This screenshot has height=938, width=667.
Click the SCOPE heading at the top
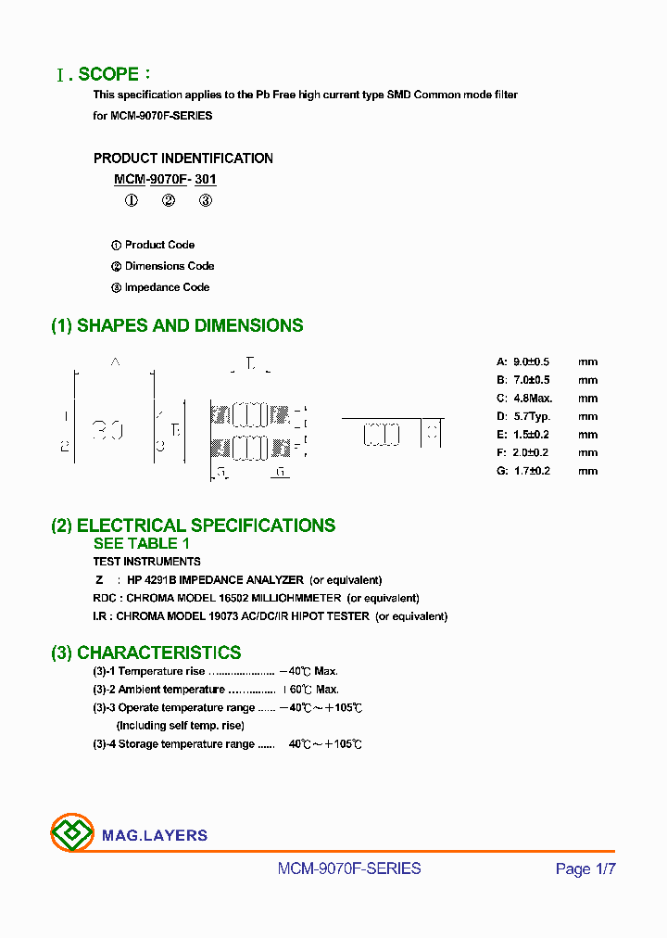(108, 74)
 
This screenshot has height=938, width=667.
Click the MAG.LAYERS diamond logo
(72, 833)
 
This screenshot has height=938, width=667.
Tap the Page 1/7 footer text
(585, 868)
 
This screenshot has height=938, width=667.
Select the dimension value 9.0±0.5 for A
(530, 361)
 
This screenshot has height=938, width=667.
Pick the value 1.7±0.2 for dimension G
(530, 471)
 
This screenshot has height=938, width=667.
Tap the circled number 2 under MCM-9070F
(169, 200)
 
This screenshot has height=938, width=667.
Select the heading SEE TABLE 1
(141, 543)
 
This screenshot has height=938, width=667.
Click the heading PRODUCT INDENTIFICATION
(183, 158)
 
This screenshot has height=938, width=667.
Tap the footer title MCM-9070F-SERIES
(349, 868)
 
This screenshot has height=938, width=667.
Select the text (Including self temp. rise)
(180, 726)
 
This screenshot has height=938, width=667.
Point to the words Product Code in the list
(159, 245)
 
